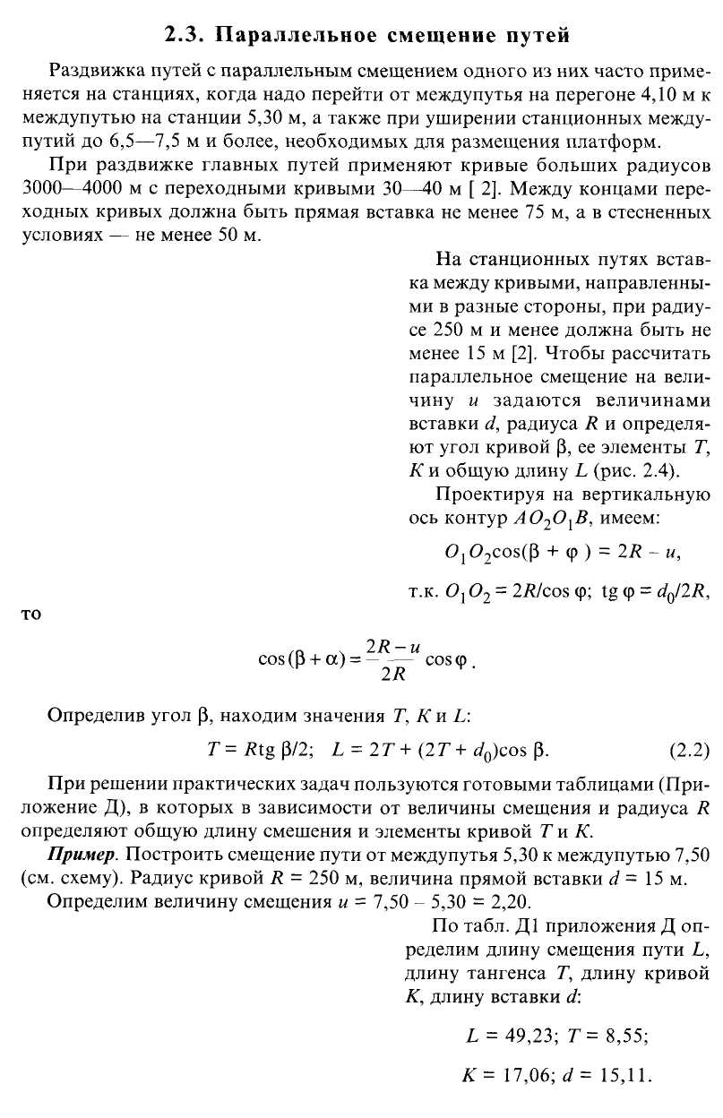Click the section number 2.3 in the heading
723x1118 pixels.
(x=185, y=36)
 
